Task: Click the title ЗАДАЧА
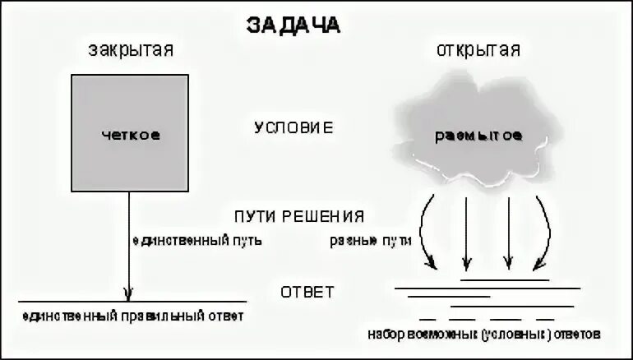point(293,24)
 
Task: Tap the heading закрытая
point(131,50)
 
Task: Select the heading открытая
point(477,50)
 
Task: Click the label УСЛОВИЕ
point(293,128)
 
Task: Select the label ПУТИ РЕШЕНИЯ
point(298,216)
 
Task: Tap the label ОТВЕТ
point(307,292)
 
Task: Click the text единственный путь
point(196,241)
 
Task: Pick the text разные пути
point(369,241)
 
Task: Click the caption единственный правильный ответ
point(134,315)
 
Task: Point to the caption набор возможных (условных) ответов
point(486,335)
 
